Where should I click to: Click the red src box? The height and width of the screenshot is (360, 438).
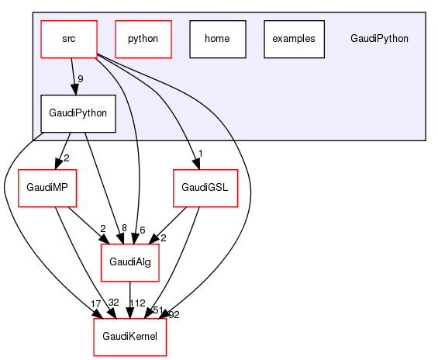pos(68,38)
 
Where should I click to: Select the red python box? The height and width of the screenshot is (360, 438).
pos(143,38)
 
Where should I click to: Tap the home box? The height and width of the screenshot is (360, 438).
pos(217,38)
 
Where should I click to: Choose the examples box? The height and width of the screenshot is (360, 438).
pos(293,38)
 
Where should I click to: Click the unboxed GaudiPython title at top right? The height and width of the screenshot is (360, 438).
pos(379,38)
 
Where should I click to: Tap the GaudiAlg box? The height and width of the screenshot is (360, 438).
pos(129,264)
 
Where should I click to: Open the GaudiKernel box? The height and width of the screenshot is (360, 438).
pos(129,338)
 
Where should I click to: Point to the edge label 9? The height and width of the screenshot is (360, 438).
pos(81,78)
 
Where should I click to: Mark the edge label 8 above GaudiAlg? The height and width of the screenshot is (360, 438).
pos(124,227)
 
